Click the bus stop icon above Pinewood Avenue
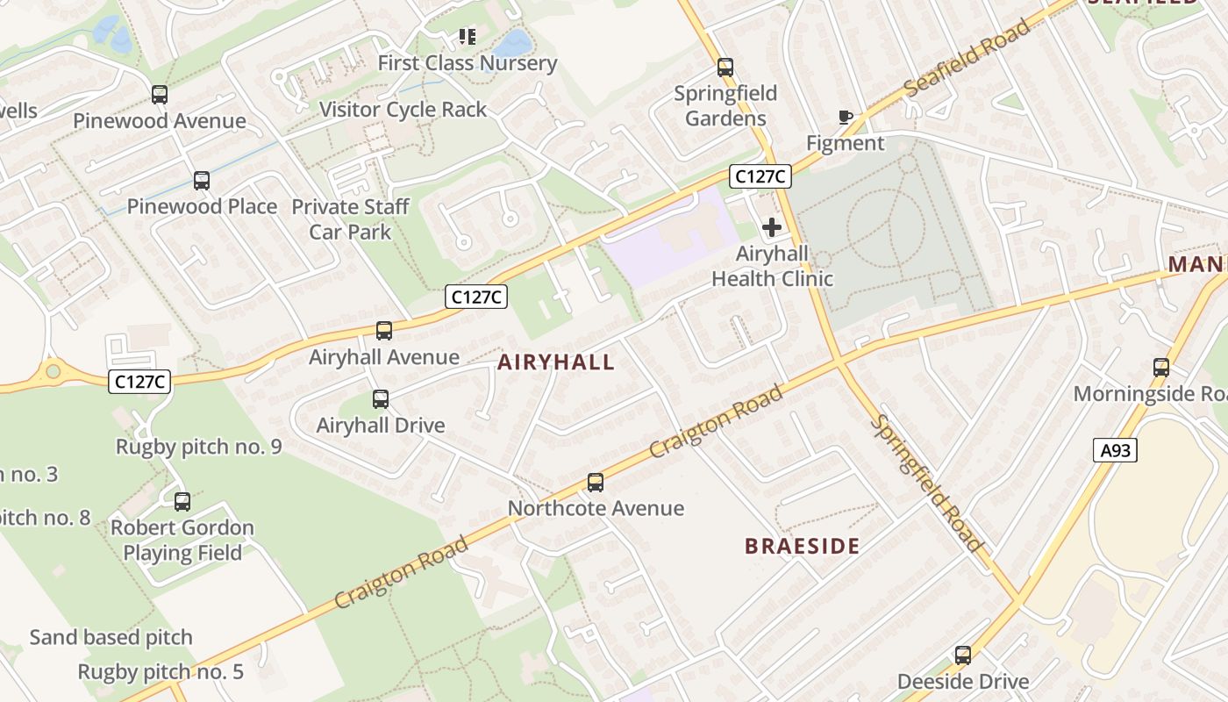tap(159, 94)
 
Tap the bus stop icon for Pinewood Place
tap(202, 181)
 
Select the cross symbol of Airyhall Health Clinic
tap(772, 228)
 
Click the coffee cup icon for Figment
tap(845, 117)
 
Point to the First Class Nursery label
tap(467, 63)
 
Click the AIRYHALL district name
tap(556, 362)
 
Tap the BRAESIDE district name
tap(802, 546)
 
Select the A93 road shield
tap(1115, 450)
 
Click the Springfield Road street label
tap(926, 484)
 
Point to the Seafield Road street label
tap(967, 60)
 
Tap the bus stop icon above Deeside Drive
tap(962, 655)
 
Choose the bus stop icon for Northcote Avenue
tap(596, 482)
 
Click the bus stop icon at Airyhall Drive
tap(380, 399)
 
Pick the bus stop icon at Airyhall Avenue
tap(383, 331)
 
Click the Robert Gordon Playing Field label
tap(182, 541)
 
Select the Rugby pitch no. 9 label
tap(198, 447)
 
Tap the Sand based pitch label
tap(111, 637)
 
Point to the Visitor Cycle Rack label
tap(403, 110)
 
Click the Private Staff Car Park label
tap(350, 219)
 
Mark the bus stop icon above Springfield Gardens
tap(725, 68)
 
